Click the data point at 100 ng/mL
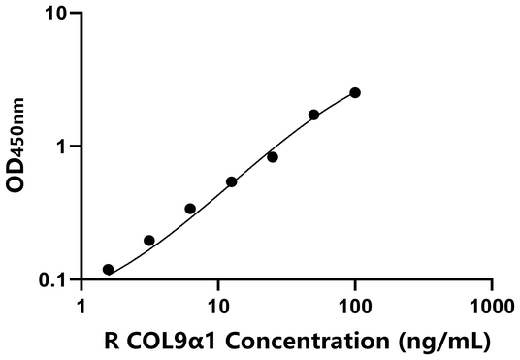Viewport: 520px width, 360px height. coord(355,92)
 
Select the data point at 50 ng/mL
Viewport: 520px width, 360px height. coord(314,115)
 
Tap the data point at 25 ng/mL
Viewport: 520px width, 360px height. coord(273,156)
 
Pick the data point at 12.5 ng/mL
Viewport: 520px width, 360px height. coord(232,181)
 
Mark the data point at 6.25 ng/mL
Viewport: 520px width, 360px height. coord(190,209)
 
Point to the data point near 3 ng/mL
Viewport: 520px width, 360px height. coord(149,240)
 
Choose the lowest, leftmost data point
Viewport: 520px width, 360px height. coord(108,269)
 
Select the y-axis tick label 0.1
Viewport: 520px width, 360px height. coord(54,280)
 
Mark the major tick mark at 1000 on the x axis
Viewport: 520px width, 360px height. coord(492,285)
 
